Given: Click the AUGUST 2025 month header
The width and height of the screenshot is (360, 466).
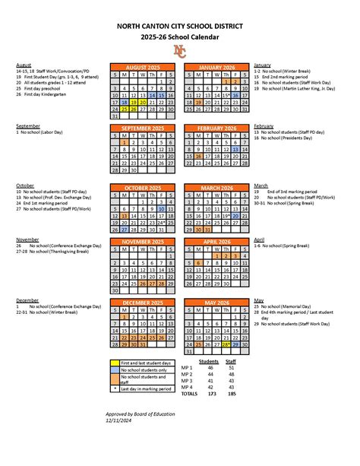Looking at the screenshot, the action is click(143, 67).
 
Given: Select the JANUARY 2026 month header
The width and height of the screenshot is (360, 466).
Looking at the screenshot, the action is click(216, 67).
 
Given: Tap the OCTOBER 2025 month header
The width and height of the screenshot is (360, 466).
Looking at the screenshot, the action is click(143, 187).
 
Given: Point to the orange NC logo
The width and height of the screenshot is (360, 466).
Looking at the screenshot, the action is click(179, 51).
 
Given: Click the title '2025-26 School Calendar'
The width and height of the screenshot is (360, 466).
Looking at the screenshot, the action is click(179, 36).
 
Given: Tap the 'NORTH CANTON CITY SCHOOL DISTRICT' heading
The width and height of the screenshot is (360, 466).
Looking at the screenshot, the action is click(179, 26).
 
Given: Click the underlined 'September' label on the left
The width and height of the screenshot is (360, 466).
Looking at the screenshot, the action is click(28, 125).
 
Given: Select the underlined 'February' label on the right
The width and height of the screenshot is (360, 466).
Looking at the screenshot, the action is click(264, 125).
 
